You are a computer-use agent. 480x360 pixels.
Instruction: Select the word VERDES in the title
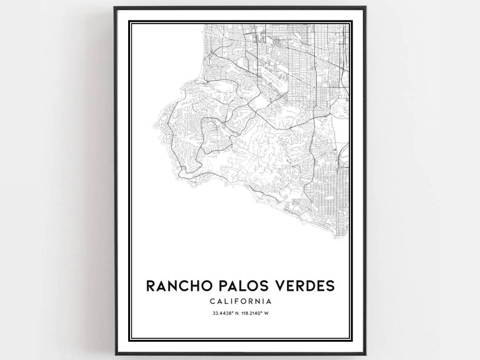point(303,285)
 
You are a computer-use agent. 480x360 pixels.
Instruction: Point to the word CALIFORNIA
point(241,301)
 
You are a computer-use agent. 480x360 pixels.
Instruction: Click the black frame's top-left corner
point(115,8)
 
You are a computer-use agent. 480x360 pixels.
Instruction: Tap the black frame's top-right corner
point(365,8)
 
